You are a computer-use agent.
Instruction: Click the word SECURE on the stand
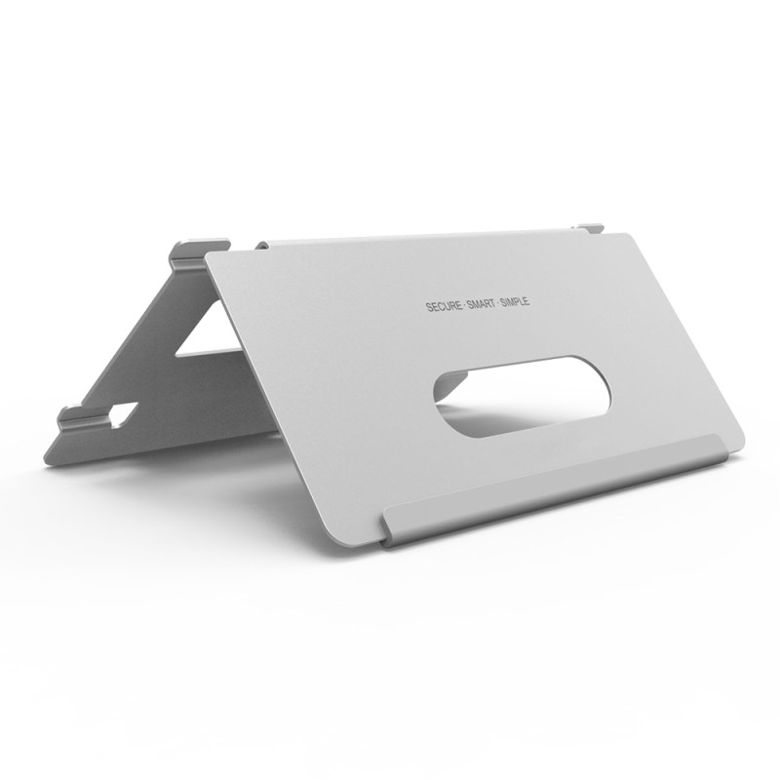coord(445,306)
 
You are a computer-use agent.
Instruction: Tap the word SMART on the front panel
coord(482,304)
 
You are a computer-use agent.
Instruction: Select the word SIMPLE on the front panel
coord(516,301)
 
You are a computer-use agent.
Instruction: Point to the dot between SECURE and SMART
coord(465,305)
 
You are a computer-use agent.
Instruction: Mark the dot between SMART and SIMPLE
coord(498,303)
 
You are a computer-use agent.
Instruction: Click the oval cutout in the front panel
coord(523,397)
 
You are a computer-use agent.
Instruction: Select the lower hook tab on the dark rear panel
coord(84,417)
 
